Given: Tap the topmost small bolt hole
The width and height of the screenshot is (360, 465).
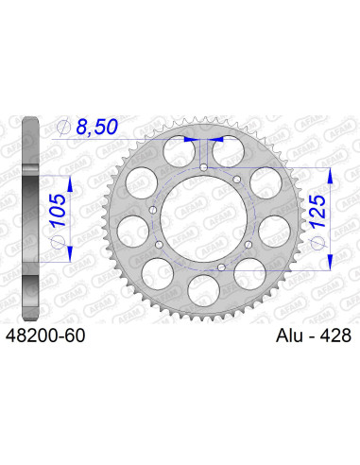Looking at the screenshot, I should pyautogui.click(x=204, y=167).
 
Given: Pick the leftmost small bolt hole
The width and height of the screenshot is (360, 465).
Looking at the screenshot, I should pyautogui.click(x=153, y=209).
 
